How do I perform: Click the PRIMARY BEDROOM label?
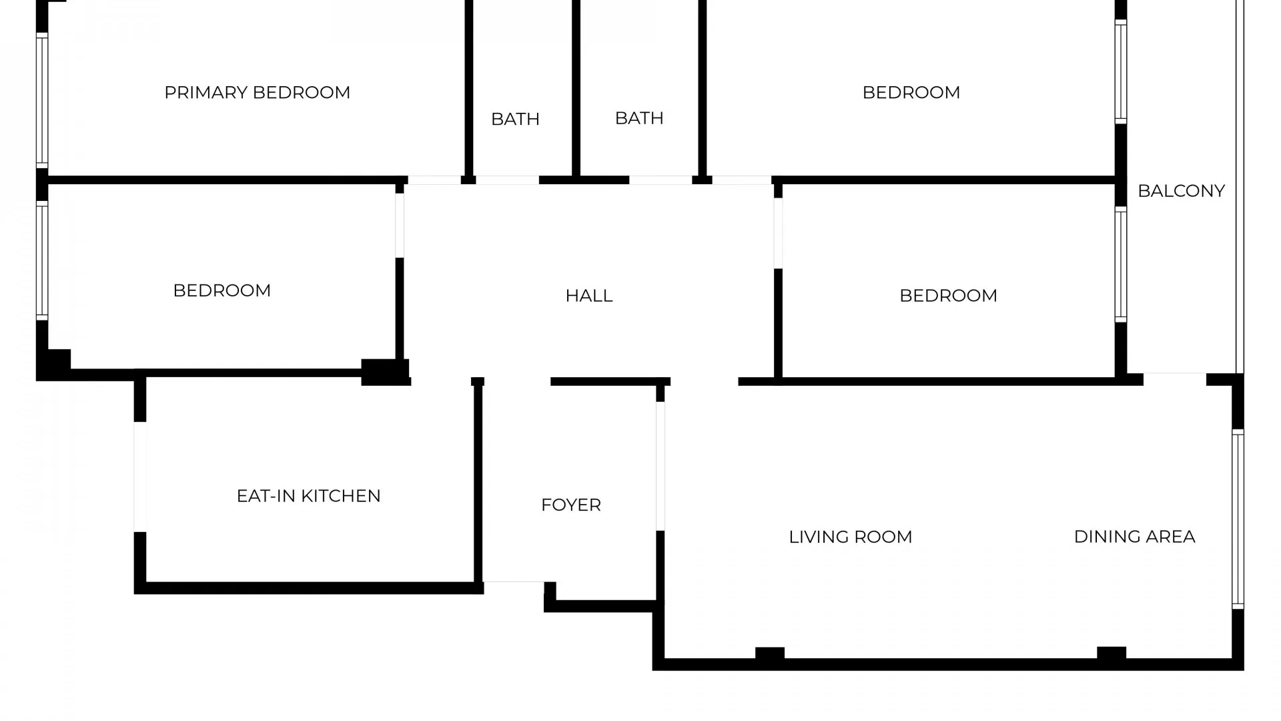(x=257, y=92)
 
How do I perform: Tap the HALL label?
(x=588, y=296)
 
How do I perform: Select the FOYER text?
(x=570, y=505)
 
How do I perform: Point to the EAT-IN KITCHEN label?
(x=308, y=496)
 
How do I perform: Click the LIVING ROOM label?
(x=850, y=537)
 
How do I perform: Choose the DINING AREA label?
(x=1134, y=537)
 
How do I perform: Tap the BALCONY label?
(x=1181, y=191)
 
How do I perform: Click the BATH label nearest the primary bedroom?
(x=515, y=119)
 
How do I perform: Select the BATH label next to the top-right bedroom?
(x=638, y=118)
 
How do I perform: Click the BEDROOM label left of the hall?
(x=222, y=290)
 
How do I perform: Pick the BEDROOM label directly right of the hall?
(x=947, y=296)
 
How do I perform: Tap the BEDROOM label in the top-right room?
(x=911, y=92)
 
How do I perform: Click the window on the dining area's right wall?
(x=1238, y=519)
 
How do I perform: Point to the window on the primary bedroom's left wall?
(x=42, y=100)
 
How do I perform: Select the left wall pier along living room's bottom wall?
(x=769, y=654)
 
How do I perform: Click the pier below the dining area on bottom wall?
(x=1111, y=654)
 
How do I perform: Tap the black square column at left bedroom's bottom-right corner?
(x=384, y=372)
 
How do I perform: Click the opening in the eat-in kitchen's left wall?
(x=140, y=477)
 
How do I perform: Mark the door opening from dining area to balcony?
(x=1174, y=379)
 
